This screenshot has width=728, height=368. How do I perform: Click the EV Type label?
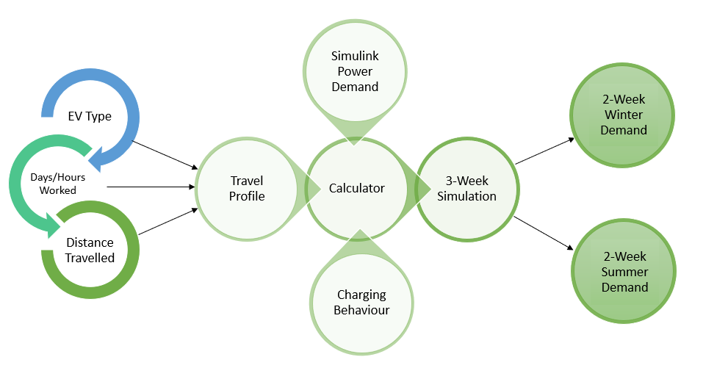point(90,116)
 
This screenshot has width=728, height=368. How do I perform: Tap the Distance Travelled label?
point(90,250)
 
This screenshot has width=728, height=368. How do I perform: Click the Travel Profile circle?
point(246,188)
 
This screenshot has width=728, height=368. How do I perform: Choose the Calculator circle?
point(356,188)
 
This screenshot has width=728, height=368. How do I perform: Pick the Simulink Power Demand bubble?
point(355,71)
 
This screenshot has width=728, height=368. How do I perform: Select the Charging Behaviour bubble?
point(361,302)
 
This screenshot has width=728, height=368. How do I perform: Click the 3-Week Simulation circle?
point(467,188)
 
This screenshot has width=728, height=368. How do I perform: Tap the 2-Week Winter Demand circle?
point(624,115)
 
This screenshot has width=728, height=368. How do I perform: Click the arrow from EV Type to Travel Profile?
point(165,154)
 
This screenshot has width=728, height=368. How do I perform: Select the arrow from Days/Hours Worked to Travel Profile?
point(151,187)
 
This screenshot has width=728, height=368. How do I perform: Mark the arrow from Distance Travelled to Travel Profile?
point(167,222)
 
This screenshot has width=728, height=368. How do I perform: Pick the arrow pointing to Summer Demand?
point(544,233)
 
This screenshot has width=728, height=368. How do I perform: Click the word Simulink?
point(356,57)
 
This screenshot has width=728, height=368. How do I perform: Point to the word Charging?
point(361,295)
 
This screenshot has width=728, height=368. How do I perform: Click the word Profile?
point(247,196)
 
